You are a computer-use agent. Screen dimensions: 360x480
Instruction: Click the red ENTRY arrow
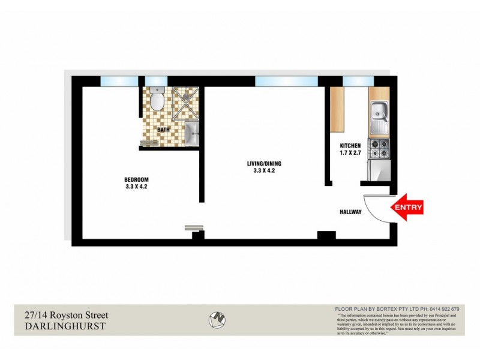pos(407,208)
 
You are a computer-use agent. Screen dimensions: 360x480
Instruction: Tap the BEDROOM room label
pos(136,180)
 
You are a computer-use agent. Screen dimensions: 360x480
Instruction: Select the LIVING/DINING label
pos(264,163)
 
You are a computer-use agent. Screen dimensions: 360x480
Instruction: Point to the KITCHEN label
pos(350,146)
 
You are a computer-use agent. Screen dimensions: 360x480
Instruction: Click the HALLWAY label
pos(350,211)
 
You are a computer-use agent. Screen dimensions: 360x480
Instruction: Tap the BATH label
pos(163,130)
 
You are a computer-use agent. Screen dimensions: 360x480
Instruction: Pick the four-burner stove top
pos(379,148)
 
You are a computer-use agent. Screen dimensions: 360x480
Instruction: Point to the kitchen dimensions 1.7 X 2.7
pos(350,153)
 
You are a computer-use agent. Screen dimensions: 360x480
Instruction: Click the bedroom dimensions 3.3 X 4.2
pos(136,187)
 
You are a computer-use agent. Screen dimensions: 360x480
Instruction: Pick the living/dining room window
pos(286,82)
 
